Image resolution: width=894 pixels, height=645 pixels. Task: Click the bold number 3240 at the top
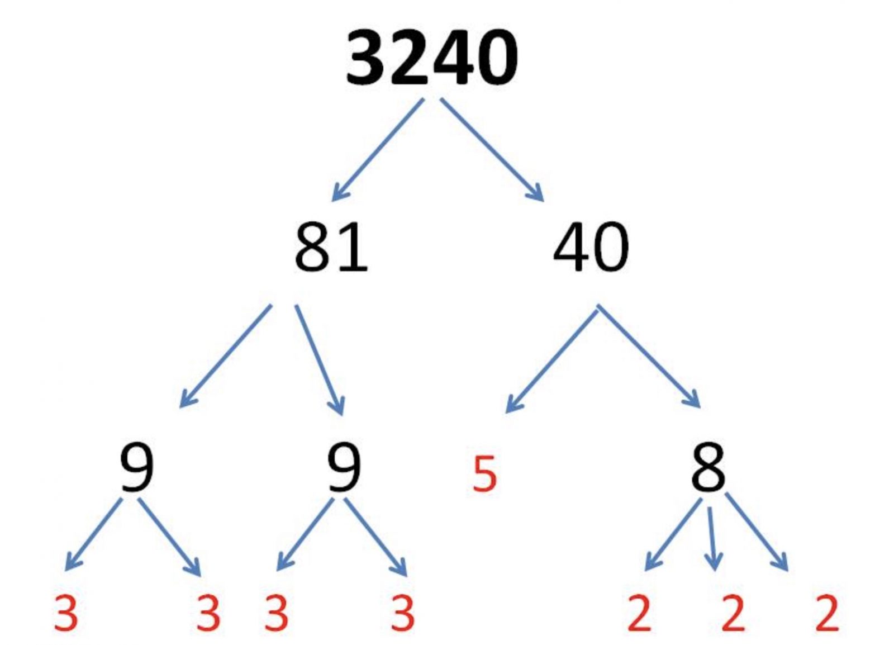click(431, 58)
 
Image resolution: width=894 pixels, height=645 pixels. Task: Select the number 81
click(331, 246)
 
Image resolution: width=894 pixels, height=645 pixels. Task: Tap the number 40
click(591, 246)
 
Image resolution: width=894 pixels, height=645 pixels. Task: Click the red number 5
click(484, 475)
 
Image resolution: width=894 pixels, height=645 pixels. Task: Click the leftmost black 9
click(136, 468)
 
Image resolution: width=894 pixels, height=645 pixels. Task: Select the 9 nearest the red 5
click(344, 468)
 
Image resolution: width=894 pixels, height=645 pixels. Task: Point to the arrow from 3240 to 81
click(378, 149)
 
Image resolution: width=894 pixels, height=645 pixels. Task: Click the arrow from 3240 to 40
click(492, 149)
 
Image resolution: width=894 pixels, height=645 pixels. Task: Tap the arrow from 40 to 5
click(551, 358)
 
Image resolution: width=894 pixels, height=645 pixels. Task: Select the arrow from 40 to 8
click(649, 356)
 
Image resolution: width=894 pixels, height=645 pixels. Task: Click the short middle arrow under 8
click(711, 538)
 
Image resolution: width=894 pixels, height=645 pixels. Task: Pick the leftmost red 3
click(66, 613)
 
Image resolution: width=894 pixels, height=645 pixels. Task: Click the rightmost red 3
click(402, 613)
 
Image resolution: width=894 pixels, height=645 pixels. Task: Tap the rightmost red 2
click(827, 613)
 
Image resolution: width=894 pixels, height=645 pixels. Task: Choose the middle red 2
click(733, 613)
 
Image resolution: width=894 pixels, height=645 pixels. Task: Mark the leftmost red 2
click(639, 613)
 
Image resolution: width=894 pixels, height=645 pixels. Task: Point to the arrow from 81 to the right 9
click(319, 359)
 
